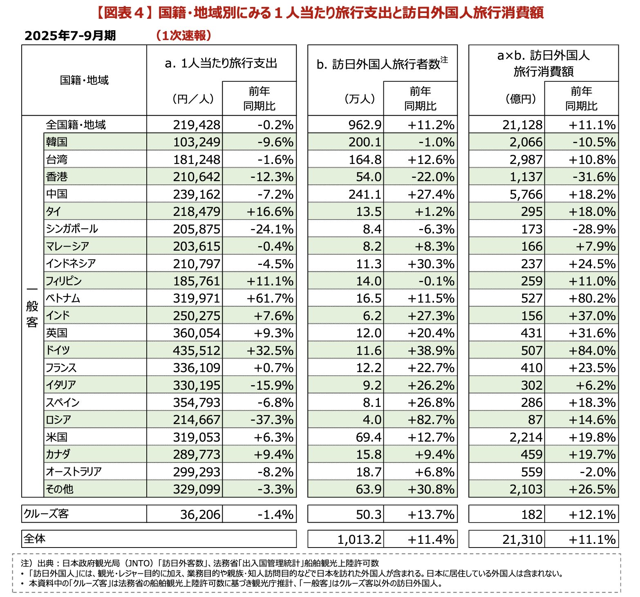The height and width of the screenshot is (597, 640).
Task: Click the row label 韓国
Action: tap(56, 142)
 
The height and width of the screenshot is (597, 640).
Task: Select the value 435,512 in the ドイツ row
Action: tap(196, 350)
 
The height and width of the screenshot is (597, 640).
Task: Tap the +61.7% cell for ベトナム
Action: tap(270, 298)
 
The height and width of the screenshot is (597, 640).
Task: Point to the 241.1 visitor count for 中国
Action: tap(365, 194)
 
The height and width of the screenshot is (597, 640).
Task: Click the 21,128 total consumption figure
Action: tap(522, 125)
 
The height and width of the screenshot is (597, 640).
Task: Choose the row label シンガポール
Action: tap(72, 229)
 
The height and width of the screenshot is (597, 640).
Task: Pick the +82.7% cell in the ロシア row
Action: tap(431, 420)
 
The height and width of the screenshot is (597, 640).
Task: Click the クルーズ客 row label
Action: tap(46, 514)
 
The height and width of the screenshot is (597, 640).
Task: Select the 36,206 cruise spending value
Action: tap(200, 514)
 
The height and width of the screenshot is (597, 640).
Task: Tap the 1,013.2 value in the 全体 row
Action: tap(359, 539)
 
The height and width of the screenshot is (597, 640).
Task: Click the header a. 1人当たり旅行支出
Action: tap(221, 63)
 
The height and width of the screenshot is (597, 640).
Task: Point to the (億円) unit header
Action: tap(520, 99)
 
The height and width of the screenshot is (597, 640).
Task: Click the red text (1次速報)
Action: tap(183, 36)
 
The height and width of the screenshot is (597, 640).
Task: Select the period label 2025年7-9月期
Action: tap(70, 36)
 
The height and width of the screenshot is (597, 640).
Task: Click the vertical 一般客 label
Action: tap(32, 307)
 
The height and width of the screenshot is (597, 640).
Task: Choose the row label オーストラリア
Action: tap(74, 471)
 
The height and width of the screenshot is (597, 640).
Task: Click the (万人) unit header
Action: tap(360, 99)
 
